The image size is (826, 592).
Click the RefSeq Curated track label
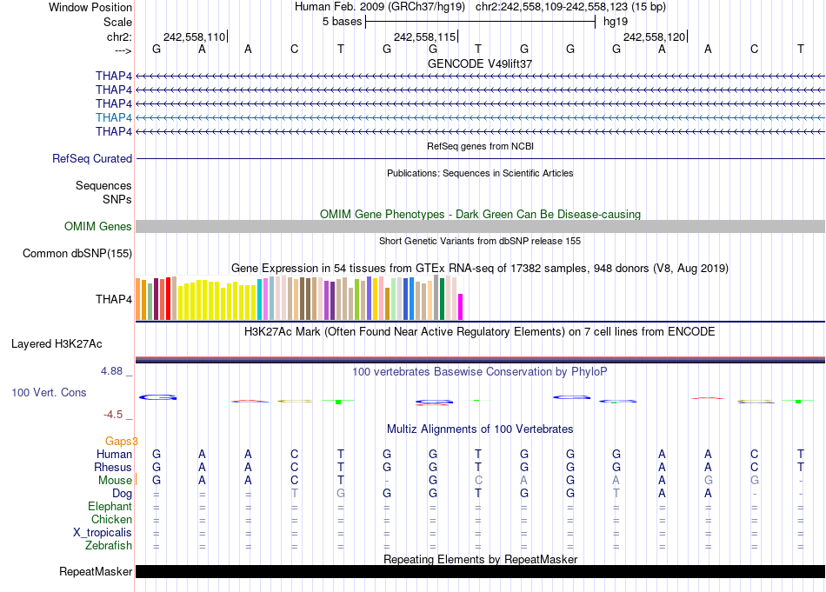(x=92, y=159)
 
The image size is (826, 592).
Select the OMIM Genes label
(x=98, y=227)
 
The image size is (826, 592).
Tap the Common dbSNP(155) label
(x=77, y=254)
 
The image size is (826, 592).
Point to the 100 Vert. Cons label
(x=49, y=393)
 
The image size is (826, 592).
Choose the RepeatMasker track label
(x=96, y=572)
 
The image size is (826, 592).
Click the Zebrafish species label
(x=109, y=546)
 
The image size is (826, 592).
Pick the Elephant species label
(x=110, y=507)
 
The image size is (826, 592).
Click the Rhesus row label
(x=113, y=468)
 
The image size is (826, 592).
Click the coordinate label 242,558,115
(x=424, y=37)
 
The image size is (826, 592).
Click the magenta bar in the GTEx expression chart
(x=461, y=307)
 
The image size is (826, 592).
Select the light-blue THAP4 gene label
(x=114, y=117)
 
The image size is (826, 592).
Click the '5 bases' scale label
(x=342, y=22)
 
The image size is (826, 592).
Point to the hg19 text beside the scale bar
(x=615, y=22)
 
